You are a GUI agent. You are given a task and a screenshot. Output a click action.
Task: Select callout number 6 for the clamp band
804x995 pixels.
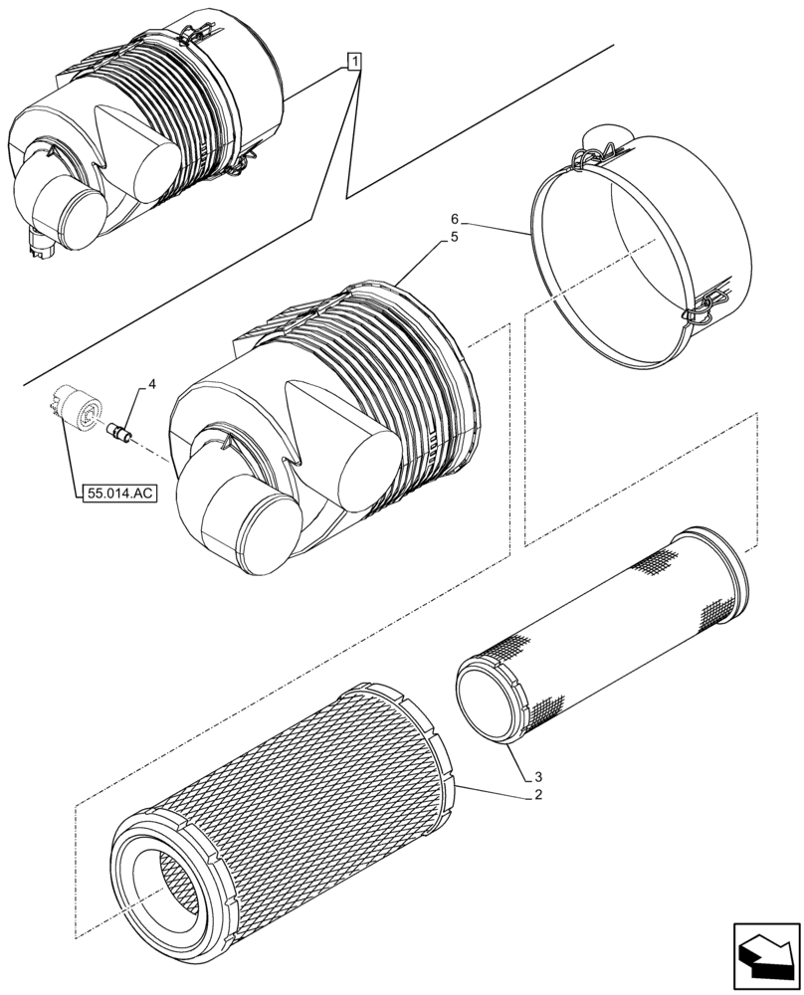click(x=454, y=219)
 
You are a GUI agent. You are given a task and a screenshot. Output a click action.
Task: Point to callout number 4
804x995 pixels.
click(x=151, y=383)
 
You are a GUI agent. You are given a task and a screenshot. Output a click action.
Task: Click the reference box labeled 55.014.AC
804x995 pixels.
click(x=115, y=493)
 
